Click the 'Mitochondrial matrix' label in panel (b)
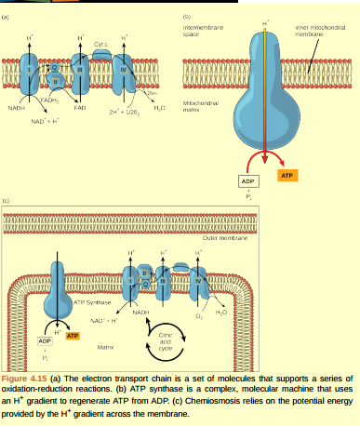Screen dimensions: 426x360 (x=201, y=105)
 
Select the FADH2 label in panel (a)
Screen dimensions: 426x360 (x=49, y=99)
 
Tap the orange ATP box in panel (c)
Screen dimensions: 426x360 (x=73, y=334)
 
